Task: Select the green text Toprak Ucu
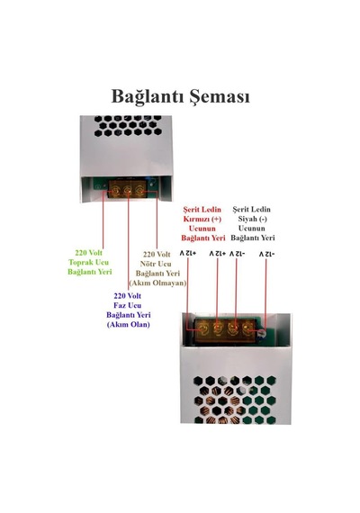point(89,262)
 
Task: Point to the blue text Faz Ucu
point(128,305)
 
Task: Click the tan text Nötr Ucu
point(156,264)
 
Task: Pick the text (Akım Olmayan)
point(157,283)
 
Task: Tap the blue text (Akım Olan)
point(129,325)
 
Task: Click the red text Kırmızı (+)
point(202,219)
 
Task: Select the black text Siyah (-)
point(252,219)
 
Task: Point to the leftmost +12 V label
point(188,253)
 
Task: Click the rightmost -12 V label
point(267,254)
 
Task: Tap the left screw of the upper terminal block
point(115,190)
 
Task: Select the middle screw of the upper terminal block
point(128,190)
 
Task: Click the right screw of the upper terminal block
point(140,190)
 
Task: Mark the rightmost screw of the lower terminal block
point(247,328)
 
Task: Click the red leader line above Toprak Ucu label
point(103,220)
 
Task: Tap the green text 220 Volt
point(89,253)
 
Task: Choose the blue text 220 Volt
point(128,296)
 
